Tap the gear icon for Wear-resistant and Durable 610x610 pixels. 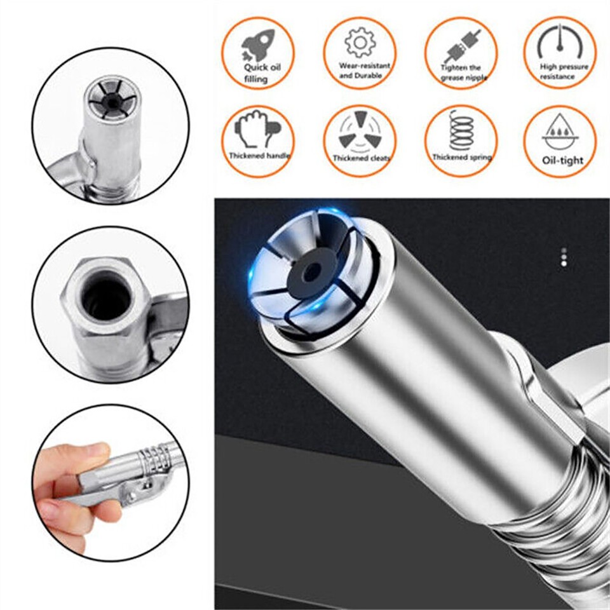[x=360, y=43]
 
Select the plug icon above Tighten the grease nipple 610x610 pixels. [x=461, y=46]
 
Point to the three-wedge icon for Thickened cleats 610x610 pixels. [x=359, y=131]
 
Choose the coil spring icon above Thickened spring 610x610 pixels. [x=461, y=130]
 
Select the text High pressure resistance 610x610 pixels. [x=564, y=71]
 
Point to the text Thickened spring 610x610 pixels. [x=461, y=156]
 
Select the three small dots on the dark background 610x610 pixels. [x=563, y=256]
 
